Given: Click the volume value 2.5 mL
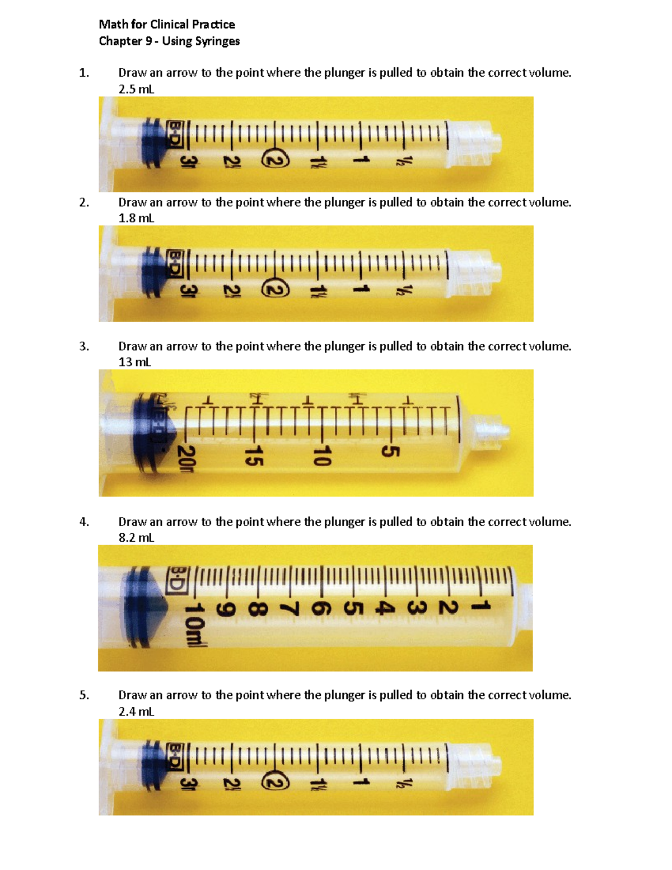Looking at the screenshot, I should [x=136, y=89].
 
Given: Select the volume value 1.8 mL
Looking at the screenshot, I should [x=136, y=218].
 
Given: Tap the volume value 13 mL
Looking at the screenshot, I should [x=134, y=362].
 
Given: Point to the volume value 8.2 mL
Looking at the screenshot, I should [x=136, y=538].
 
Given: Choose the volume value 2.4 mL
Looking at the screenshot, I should [x=136, y=711].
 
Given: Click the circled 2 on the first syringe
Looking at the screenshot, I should [x=276, y=161].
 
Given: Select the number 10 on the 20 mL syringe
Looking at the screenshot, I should [x=322, y=455].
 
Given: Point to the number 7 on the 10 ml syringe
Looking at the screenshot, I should [x=290, y=608].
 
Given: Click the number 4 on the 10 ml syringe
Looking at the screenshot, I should [x=383, y=607].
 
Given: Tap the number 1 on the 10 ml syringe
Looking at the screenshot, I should [x=481, y=606].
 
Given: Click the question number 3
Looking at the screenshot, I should [x=84, y=346].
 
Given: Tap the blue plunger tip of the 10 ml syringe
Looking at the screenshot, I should [x=146, y=608].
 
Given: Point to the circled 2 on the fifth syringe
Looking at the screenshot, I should [x=275, y=783].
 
